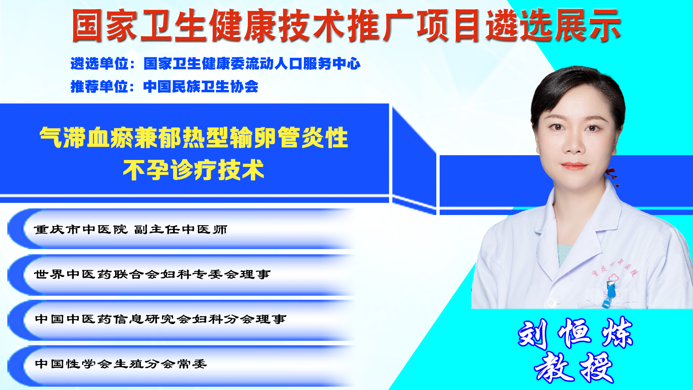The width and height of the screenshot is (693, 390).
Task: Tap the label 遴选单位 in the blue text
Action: click(99, 64)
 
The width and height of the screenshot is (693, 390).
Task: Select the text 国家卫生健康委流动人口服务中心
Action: click(252, 64)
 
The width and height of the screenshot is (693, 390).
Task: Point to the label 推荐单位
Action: click(99, 87)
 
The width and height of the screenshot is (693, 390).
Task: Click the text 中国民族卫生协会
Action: click(201, 87)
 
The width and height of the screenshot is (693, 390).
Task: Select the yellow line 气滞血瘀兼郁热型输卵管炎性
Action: click(194, 138)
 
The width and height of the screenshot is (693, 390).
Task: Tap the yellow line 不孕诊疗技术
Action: click(194, 170)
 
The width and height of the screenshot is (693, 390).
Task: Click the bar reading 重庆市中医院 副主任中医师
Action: click(181, 229)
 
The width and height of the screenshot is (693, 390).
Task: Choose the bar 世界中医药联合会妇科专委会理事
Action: click(181, 274)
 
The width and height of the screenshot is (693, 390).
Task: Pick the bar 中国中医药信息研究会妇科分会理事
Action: click(181, 319)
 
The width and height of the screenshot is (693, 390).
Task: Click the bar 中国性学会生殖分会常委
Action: click(181, 364)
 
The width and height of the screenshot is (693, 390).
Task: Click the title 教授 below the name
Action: click(574, 368)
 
